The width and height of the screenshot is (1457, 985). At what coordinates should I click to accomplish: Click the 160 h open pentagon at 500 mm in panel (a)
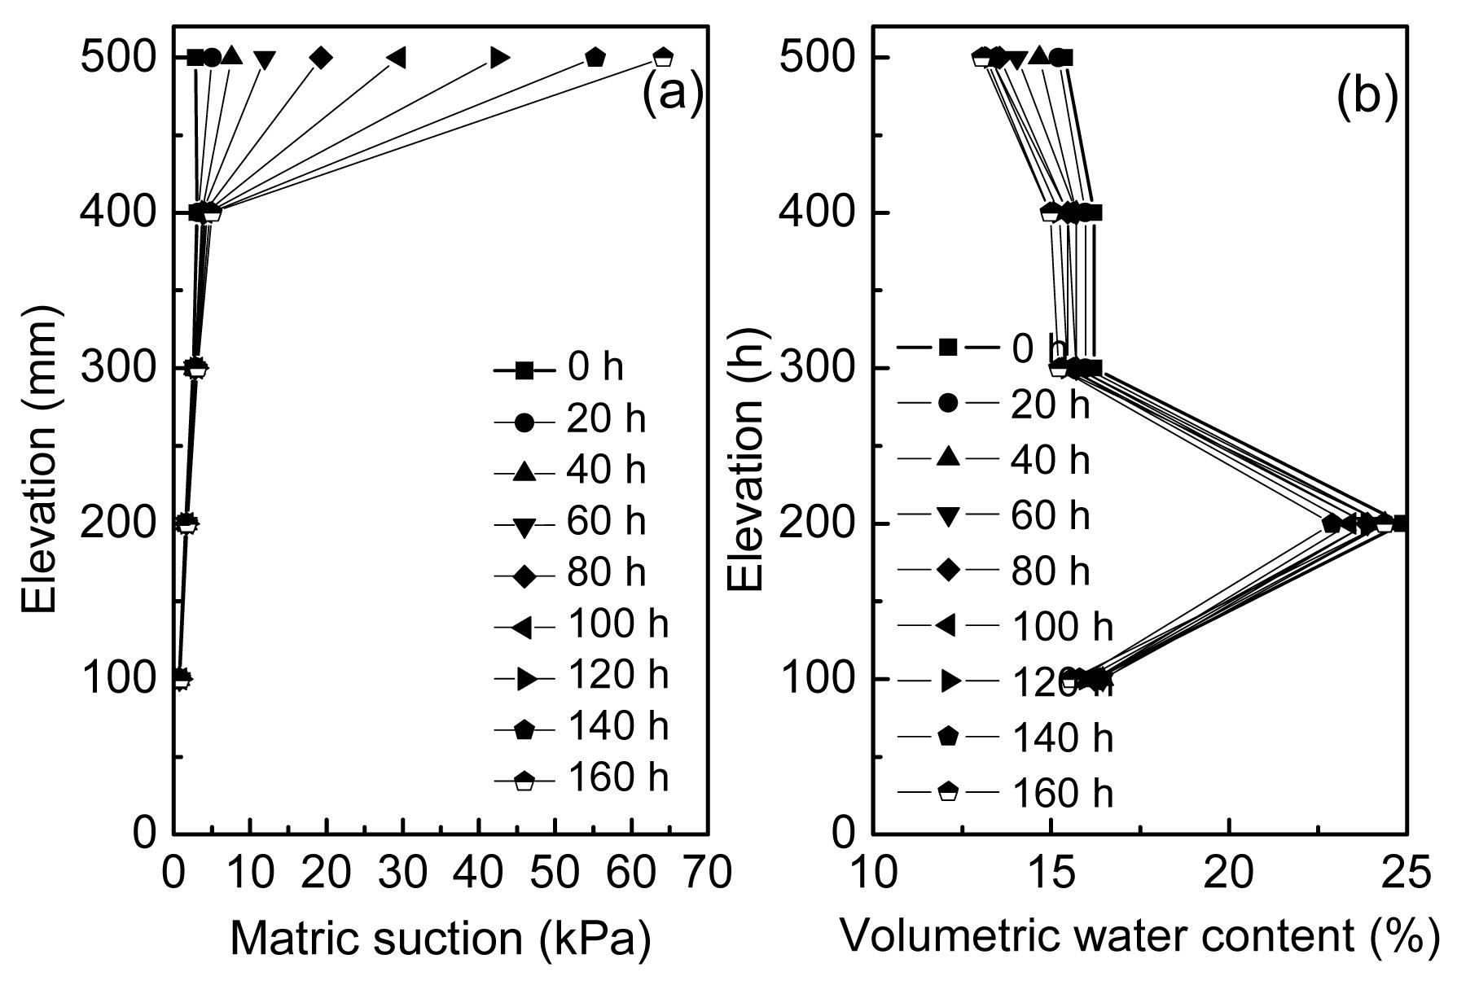663,58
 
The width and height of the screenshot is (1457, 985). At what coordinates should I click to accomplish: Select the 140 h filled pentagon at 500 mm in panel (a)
595,58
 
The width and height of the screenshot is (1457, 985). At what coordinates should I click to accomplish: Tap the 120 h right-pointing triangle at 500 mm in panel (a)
499,58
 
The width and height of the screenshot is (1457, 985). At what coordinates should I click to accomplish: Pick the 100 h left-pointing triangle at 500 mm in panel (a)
397,58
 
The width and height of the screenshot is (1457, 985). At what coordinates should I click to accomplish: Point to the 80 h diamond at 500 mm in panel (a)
321,58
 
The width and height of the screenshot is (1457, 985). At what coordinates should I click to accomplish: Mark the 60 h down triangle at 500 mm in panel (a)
265,59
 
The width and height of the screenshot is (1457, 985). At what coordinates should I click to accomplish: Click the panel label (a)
672,96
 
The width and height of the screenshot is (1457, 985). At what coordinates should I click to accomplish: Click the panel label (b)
1367,96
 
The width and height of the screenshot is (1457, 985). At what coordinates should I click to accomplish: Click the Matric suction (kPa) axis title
441,939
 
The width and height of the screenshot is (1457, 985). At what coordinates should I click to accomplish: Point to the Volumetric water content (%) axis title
1139,936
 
